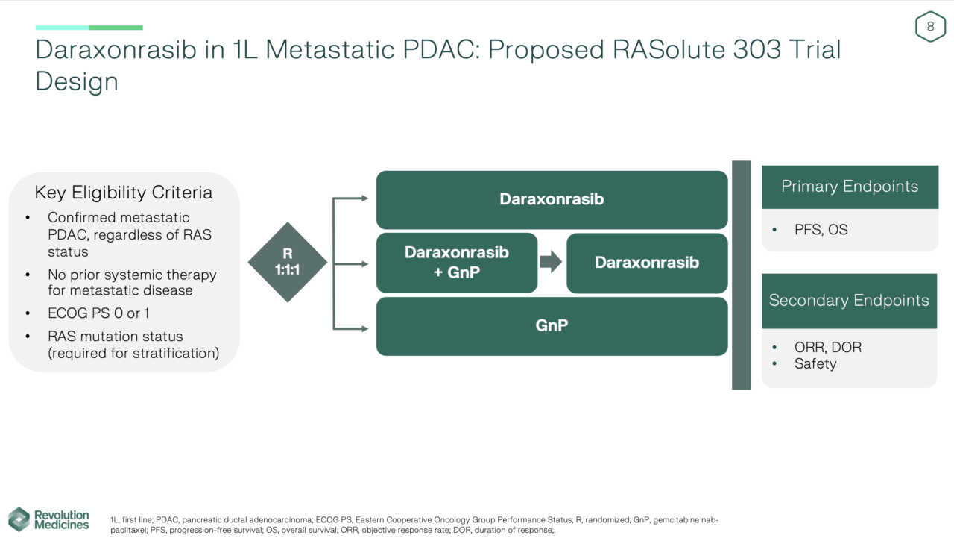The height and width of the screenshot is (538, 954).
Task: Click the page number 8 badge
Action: tap(930, 27)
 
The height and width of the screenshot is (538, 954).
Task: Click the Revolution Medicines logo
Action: tap(49, 519)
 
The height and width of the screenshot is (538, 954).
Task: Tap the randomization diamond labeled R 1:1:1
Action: tap(287, 262)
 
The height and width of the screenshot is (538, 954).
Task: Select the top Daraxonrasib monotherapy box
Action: tap(552, 200)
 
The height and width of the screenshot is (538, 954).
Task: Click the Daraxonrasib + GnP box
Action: tap(456, 263)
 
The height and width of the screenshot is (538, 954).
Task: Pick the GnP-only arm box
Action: tap(552, 326)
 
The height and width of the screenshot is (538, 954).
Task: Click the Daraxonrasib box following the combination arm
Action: tap(646, 263)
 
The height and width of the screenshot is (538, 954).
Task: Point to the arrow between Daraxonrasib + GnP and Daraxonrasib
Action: tap(551, 263)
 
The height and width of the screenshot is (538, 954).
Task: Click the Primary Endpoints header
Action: tap(849, 187)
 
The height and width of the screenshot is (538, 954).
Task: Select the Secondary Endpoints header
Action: tap(849, 301)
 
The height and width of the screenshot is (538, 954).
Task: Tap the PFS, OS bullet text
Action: tap(821, 230)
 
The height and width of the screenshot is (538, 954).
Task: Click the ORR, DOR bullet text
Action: tap(827, 348)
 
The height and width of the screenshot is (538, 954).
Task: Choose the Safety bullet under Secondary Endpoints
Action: tap(815, 364)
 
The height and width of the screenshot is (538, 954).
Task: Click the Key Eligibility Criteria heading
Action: tap(123, 193)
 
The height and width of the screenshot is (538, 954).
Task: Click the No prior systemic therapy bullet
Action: tap(132, 283)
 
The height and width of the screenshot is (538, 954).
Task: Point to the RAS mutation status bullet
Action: tap(133, 345)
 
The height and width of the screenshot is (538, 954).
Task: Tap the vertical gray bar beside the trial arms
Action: tap(741, 275)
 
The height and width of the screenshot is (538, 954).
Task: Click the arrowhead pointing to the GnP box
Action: tap(364, 328)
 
